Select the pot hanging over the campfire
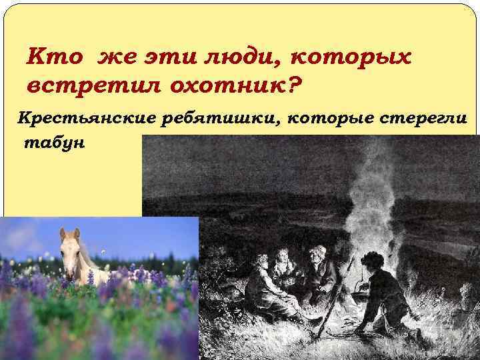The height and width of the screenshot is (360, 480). pos(357,286)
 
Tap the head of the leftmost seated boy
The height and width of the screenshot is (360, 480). pos(261,263)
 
